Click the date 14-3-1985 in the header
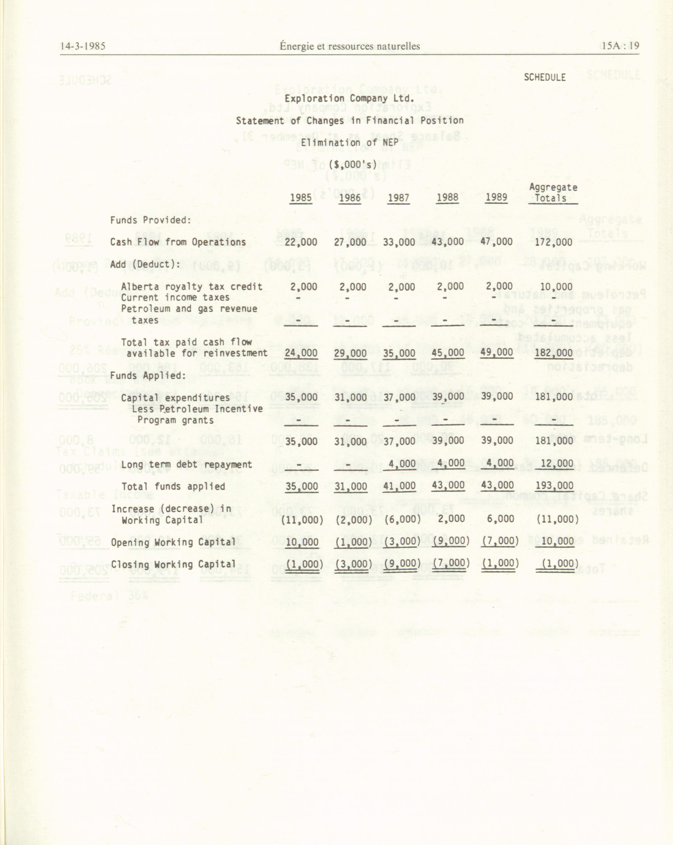click(x=83, y=46)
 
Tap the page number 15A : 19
click(x=620, y=46)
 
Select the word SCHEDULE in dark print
click(x=544, y=77)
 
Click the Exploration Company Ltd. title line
click(x=349, y=98)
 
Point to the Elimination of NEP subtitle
click(x=349, y=142)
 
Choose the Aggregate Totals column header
click(x=553, y=193)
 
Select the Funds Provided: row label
click(x=150, y=220)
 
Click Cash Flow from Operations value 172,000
click(x=553, y=242)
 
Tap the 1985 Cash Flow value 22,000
click(x=301, y=242)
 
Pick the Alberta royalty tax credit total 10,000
click(x=556, y=287)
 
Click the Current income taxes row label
click(x=175, y=298)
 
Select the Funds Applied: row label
click(x=148, y=375)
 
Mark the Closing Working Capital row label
click(x=173, y=564)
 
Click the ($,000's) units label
click(x=352, y=165)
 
